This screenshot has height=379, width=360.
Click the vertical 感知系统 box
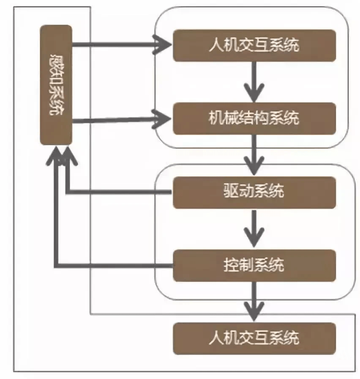coord(56,85)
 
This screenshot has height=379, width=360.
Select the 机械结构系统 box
coord(254,118)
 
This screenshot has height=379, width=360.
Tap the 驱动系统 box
coord(254,192)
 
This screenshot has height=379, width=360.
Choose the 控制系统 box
coord(254,266)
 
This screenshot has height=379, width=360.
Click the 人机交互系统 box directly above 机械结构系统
coord(254,45)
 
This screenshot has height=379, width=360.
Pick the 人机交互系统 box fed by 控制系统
coord(254,338)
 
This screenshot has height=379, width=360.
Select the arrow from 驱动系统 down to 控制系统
coord(254,228)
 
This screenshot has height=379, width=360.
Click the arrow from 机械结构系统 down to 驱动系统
coord(254,154)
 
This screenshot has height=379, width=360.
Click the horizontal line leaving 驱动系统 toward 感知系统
coord(118,192)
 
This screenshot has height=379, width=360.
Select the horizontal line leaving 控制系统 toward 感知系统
coord(114,266)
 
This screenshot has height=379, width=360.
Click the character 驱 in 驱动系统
coord(230,192)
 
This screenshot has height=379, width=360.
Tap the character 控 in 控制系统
coord(230,266)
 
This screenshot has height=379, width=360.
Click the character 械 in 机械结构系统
coord(233,118)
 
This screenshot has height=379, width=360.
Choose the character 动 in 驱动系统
coord(246,192)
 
